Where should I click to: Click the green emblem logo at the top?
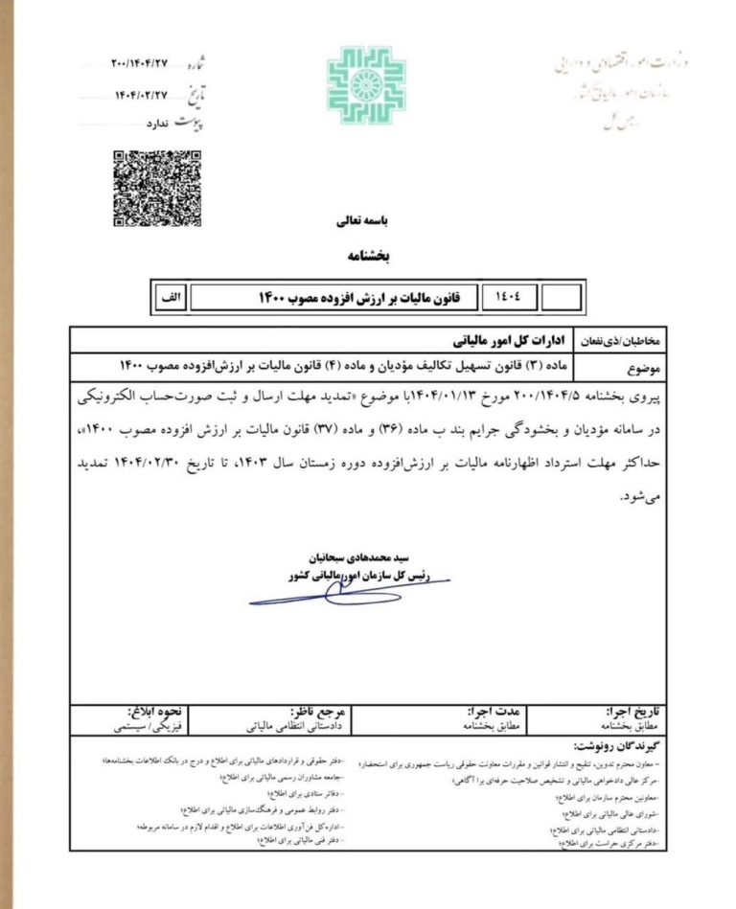point(365,86)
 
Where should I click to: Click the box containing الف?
point(169,297)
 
